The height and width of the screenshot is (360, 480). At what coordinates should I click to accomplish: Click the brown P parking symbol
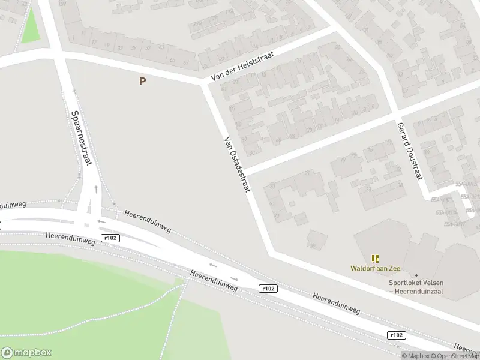142,82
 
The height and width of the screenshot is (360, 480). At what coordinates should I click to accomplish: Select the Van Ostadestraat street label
237,164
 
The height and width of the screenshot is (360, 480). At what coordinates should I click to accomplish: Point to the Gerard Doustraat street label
410,151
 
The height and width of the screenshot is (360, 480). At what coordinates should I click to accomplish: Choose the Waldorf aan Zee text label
376,269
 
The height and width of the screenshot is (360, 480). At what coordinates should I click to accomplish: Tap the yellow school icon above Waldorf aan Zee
376,259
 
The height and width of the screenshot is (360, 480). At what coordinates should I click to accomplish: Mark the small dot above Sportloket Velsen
416,275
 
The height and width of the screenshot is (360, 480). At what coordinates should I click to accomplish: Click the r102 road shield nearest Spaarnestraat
110,238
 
